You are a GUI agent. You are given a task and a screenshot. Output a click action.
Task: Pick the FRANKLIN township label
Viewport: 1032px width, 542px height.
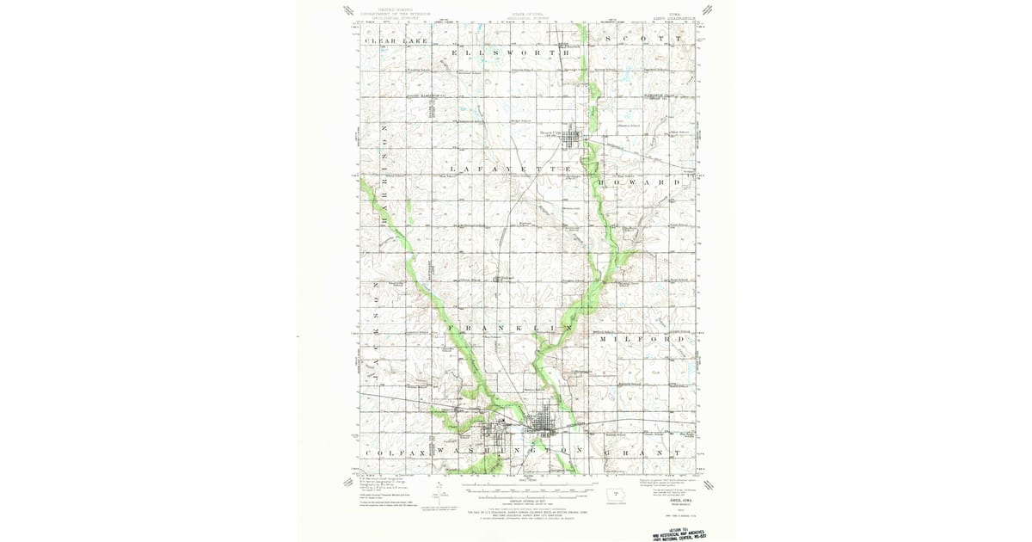point(511,328)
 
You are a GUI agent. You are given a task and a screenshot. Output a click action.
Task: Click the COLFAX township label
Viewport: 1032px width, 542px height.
point(391,451)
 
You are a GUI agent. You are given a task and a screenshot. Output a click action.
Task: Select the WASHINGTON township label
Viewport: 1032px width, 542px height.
point(511,451)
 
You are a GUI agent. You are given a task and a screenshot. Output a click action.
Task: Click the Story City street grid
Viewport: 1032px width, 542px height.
point(574,137)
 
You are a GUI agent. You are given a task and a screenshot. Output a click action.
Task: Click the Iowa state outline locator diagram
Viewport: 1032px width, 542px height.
point(611,495)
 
